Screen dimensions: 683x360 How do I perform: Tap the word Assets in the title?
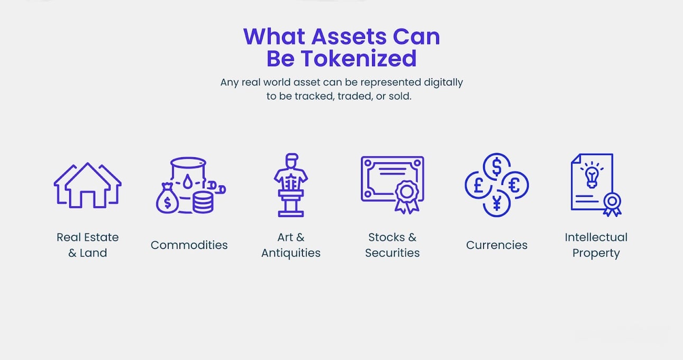click(349, 36)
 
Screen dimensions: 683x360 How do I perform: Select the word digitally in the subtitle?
click(444, 82)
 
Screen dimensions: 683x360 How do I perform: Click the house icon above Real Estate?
click(88, 186)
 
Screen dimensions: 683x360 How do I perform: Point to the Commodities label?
click(189, 245)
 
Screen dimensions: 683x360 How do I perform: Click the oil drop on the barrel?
click(188, 181)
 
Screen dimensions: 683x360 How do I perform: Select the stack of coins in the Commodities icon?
click(203, 202)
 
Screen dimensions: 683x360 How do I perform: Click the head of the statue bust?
click(291, 160)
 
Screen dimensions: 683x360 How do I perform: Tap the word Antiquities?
click(291, 253)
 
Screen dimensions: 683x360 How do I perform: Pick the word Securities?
click(392, 253)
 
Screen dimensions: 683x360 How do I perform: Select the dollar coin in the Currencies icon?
click(497, 167)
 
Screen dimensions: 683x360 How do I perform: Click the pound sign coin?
click(478, 185)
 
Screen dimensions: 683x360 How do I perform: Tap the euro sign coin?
click(515, 185)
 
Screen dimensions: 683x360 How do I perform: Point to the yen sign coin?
click(497, 204)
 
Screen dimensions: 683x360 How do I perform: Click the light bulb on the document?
click(592, 176)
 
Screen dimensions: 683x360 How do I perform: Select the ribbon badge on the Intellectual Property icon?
click(612, 204)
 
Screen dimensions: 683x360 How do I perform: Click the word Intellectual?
click(596, 237)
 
